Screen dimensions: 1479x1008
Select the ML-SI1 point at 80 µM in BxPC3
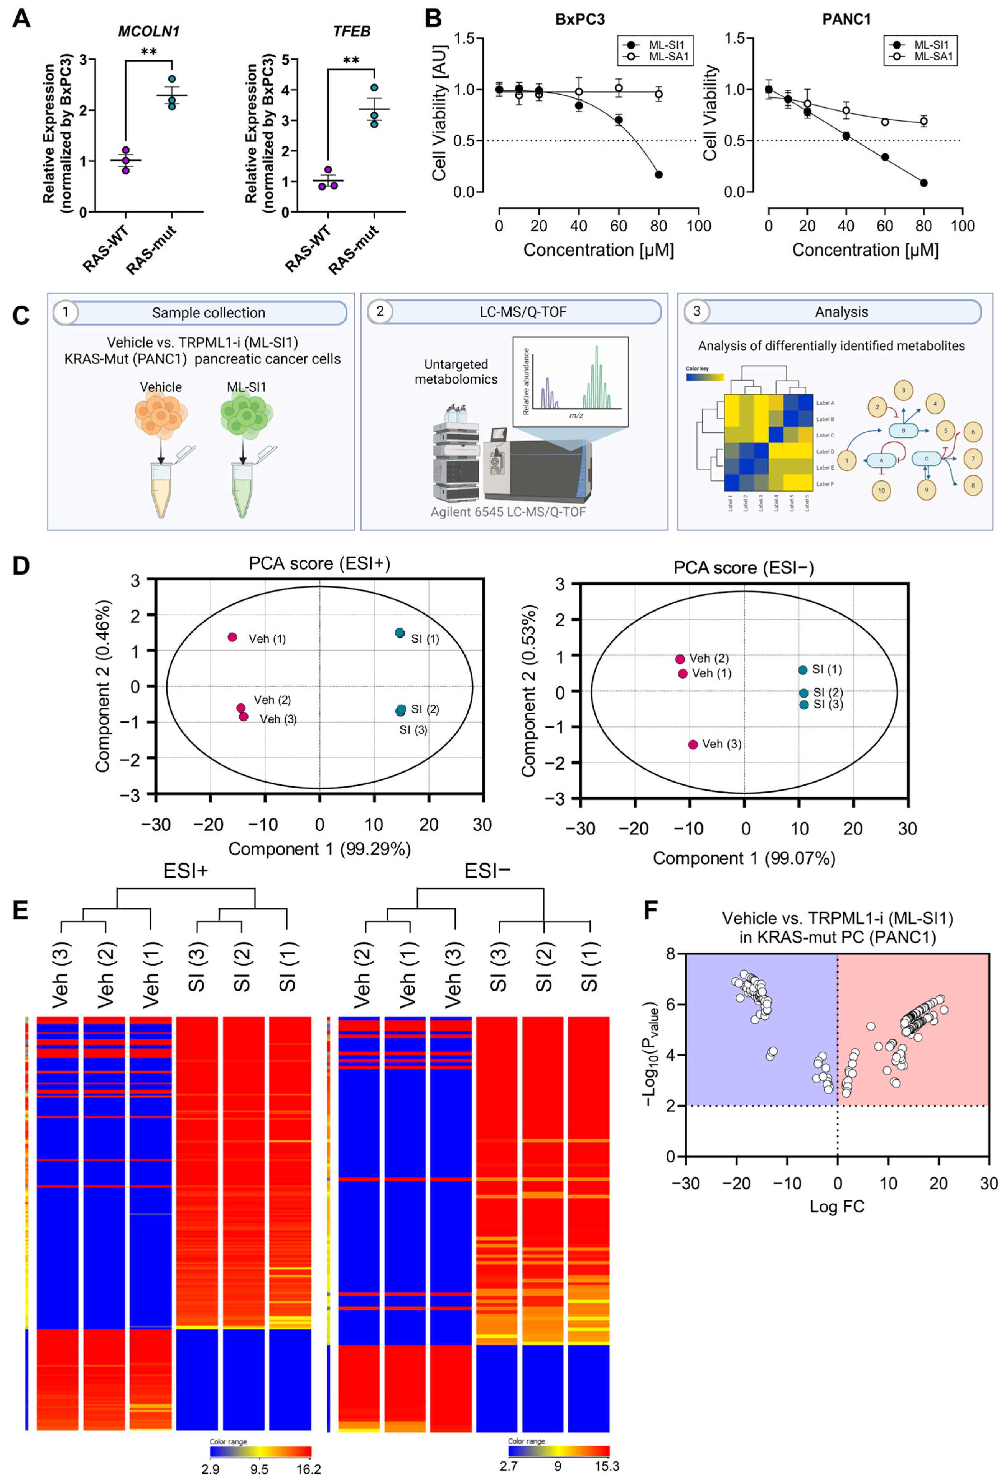[658, 174]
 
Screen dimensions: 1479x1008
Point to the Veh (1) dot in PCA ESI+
[232, 637]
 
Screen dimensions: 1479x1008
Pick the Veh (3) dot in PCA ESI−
[693, 744]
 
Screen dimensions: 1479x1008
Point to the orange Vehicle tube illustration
[161, 487]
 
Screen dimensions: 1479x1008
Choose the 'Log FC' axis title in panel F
[837, 1206]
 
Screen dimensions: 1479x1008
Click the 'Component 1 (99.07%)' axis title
[744, 858]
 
